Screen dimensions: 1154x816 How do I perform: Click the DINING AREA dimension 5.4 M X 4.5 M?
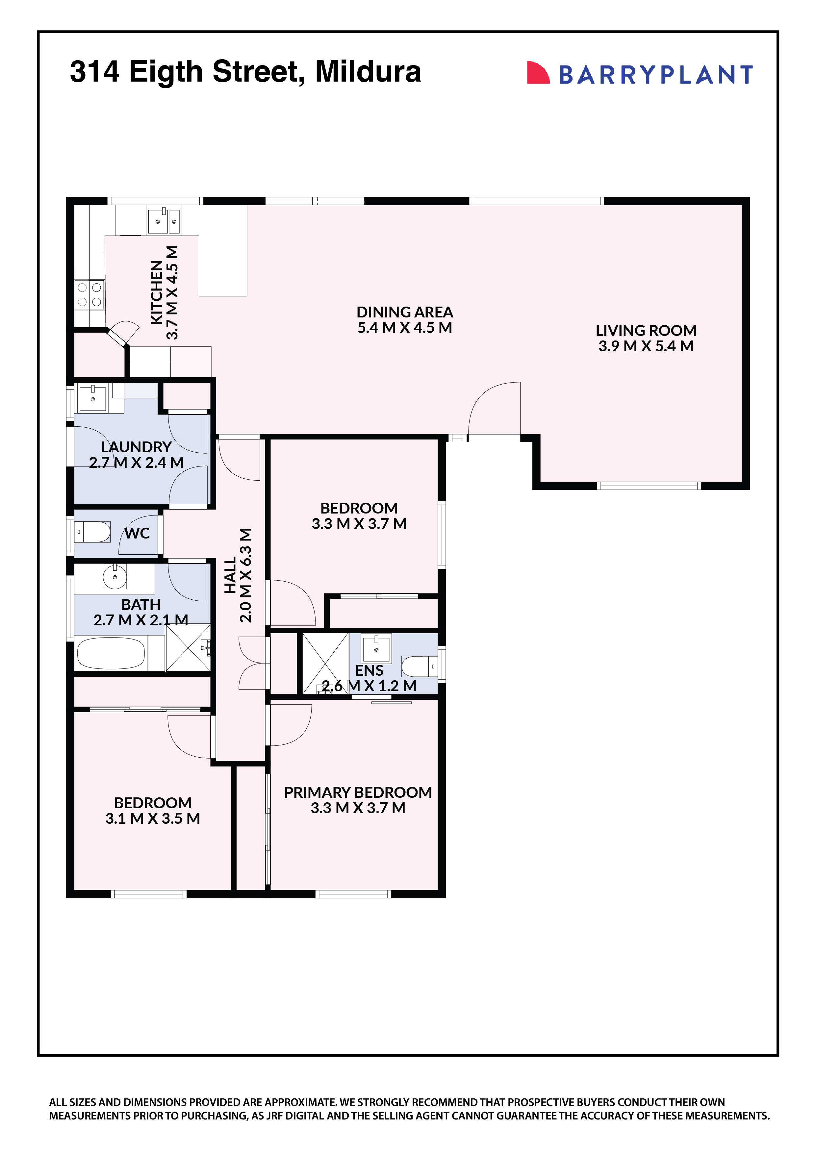(404, 328)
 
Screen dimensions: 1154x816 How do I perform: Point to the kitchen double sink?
(164, 220)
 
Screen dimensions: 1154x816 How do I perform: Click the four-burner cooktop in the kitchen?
(89, 294)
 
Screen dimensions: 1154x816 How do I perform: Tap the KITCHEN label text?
(156, 292)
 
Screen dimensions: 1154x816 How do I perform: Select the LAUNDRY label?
(136, 446)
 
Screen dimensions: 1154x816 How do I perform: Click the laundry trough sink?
(93, 398)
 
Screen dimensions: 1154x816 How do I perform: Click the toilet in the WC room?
(94, 532)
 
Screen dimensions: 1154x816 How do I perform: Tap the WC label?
(137, 533)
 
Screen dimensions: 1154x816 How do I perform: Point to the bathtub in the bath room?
(111, 653)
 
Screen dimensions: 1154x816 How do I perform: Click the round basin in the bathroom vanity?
(115, 576)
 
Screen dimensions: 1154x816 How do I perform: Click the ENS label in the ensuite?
(369, 670)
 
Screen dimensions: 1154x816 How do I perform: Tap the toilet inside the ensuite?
(419, 666)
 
